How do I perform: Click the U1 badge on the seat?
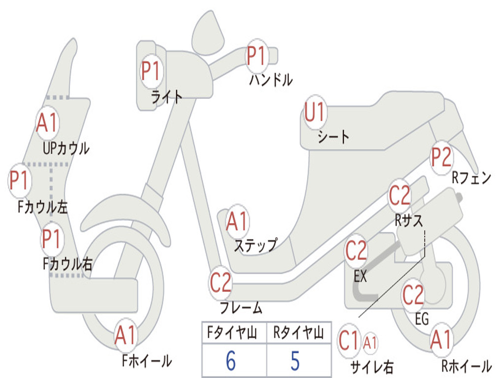[315, 113]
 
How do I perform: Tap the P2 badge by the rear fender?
[441, 157]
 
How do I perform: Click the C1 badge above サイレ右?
[349, 341]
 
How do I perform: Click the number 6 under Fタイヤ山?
[231, 361]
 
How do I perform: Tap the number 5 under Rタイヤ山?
[295, 361]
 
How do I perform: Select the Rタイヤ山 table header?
[298, 334]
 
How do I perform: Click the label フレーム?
[241, 309]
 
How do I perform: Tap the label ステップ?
[255, 245]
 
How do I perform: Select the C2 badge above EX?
[356, 252]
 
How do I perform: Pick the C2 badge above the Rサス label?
[400, 196]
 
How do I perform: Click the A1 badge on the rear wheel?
[441, 340]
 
